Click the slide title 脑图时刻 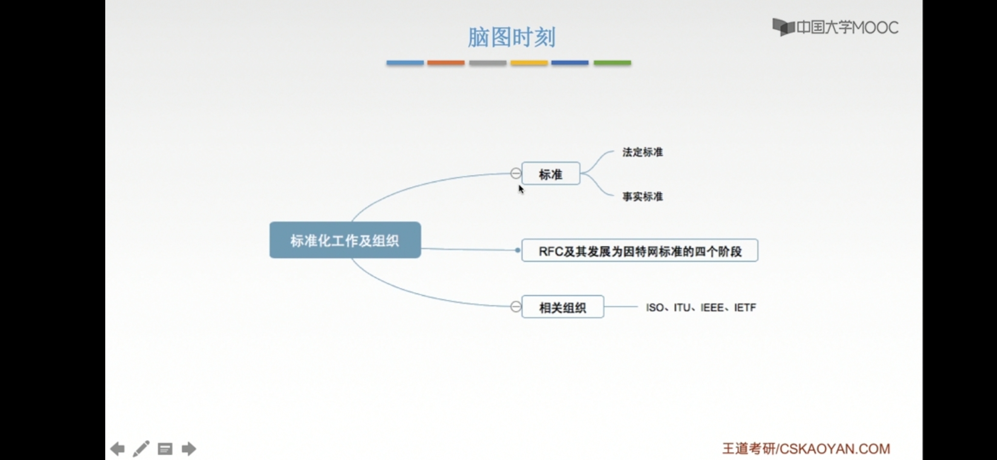tap(511, 37)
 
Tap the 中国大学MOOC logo tap(835, 28)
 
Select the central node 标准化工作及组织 tap(345, 240)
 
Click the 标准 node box tap(550, 174)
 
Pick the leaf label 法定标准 tap(643, 152)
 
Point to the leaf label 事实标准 tap(643, 196)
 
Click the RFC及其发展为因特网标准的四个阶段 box tap(640, 251)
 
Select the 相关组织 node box tap(562, 307)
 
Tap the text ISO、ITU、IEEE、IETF tap(701, 308)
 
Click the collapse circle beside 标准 tap(516, 173)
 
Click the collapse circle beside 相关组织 tap(516, 307)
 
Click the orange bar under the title tap(446, 63)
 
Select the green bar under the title tap(612, 63)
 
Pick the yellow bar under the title tap(529, 63)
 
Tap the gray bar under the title tap(487, 63)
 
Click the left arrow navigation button tap(118, 448)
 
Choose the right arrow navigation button tap(189, 448)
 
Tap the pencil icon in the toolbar tap(141, 448)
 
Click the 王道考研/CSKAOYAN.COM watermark tap(806, 448)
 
